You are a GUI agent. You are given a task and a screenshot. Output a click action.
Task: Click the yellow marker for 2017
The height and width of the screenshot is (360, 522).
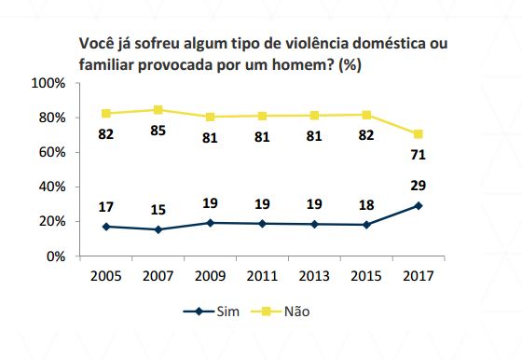click(419, 133)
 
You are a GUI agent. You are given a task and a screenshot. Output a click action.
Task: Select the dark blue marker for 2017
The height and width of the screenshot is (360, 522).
click(419, 205)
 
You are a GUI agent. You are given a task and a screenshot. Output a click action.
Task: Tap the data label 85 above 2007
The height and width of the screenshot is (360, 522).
click(158, 131)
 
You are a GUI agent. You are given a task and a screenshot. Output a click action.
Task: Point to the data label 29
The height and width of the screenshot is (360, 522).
click(419, 186)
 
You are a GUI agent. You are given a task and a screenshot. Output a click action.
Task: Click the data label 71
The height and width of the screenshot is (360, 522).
click(419, 155)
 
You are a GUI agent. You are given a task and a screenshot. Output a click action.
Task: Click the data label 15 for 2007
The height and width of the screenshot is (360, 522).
click(158, 210)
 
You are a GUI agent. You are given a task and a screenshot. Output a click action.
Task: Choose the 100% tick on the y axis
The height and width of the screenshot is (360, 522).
click(48, 83)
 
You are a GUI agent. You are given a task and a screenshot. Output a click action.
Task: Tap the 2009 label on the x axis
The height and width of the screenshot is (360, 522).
click(211, 276)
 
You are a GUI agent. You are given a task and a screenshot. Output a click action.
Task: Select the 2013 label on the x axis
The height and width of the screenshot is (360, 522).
click(315, 276)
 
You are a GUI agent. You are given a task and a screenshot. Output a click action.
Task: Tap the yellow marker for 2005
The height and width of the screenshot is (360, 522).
click(106, 114)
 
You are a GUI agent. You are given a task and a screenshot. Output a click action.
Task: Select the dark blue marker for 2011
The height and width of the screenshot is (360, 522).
click(263, 223)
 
